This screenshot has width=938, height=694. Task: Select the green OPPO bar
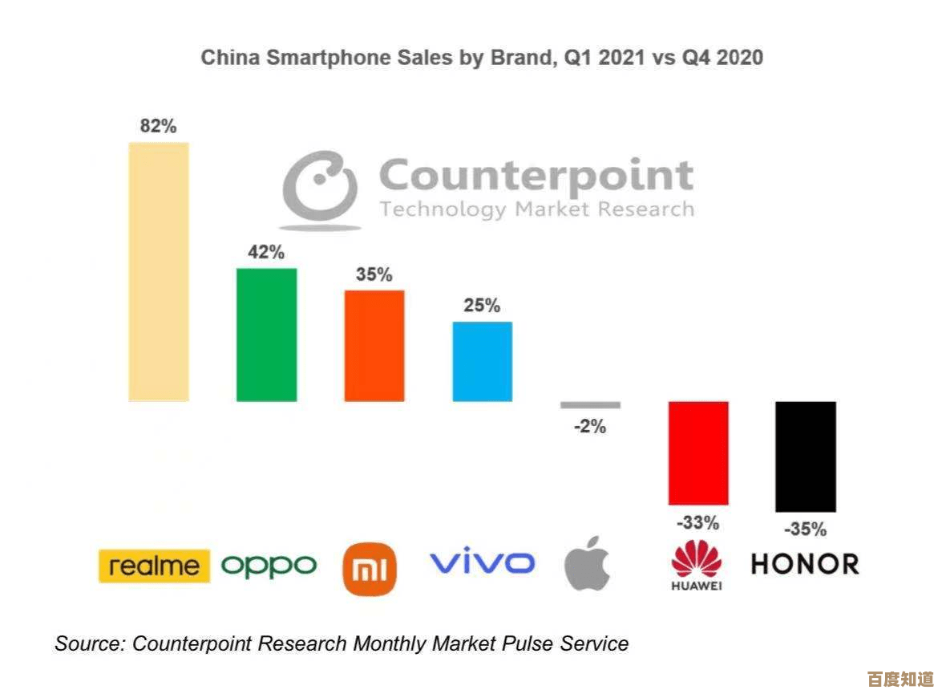click(x=266, y=335)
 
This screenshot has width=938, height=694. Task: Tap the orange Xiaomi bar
click(x=374, y=345)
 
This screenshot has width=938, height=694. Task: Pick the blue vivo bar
click(x=483, y=361)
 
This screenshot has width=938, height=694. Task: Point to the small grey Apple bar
click(x=590, y=405)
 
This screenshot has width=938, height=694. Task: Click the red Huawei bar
click(x=698, y=453)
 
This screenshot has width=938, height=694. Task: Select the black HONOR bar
click(x=806, y=456)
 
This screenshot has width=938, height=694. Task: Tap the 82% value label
click(x=158, y=126)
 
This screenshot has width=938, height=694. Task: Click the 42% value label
click(x=266, y=252)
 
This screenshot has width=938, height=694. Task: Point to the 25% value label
click(x=482, y=306)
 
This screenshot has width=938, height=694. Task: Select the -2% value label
click(x=590, y=427)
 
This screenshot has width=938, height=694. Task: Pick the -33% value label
click(x=698, y=523)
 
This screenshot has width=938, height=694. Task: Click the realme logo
click(x=154, y=566)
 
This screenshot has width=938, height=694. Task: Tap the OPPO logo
click(x=269, y=566)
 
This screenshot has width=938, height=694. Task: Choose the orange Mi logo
click(x=370, y=570)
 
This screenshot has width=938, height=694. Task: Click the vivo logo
click(x=483, y=562)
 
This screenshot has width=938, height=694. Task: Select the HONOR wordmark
click(x=805, y=563)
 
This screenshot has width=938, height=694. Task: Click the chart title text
click(x=481, y=58)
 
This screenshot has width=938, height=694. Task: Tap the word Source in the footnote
click(x=87, y=643)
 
